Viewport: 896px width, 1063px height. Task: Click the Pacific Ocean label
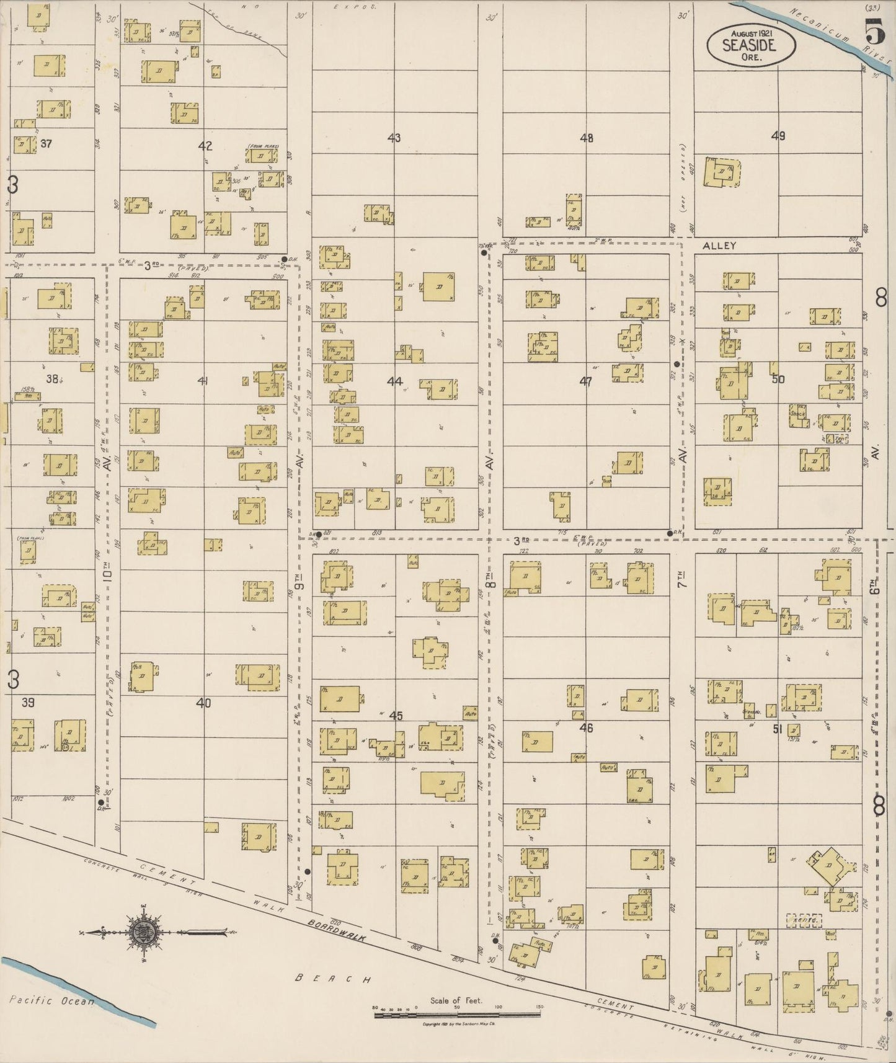point(53,1000)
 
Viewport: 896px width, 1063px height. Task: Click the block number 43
point(394,138)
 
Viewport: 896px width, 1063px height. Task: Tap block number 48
point(586,138)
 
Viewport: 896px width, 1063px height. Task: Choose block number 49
point(778,136)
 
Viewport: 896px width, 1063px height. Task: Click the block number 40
point(203,703)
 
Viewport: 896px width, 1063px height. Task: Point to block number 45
point(396,716)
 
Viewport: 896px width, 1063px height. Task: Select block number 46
point(586,727)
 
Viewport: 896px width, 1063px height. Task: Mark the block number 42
point(205,146)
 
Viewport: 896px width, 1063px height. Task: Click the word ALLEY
point(719,246)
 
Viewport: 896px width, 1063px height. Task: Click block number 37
point(46,144)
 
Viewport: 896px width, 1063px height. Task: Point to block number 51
point(778,729)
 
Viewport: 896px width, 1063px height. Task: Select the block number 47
point(585,381)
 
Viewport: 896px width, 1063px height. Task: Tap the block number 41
point(203,381)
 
